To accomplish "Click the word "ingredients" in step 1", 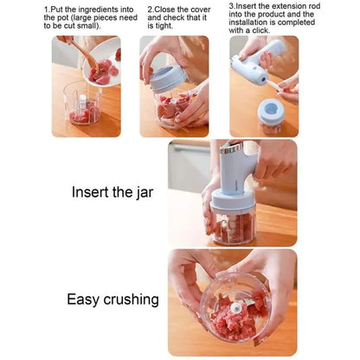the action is point(97,10).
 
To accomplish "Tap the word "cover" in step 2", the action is point(201,9).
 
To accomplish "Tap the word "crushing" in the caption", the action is point(131,299).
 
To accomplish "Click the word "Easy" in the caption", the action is point(84,299).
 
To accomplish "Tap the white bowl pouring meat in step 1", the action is point(102,62).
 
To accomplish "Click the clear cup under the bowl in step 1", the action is point(82,103).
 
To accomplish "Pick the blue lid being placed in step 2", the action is point(168,79).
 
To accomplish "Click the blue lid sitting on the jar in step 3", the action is point(271,110).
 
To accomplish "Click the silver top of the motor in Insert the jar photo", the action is point(231,148).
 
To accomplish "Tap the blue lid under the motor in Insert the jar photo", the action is point(233,200).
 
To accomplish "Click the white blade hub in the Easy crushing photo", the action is point(236,308).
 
